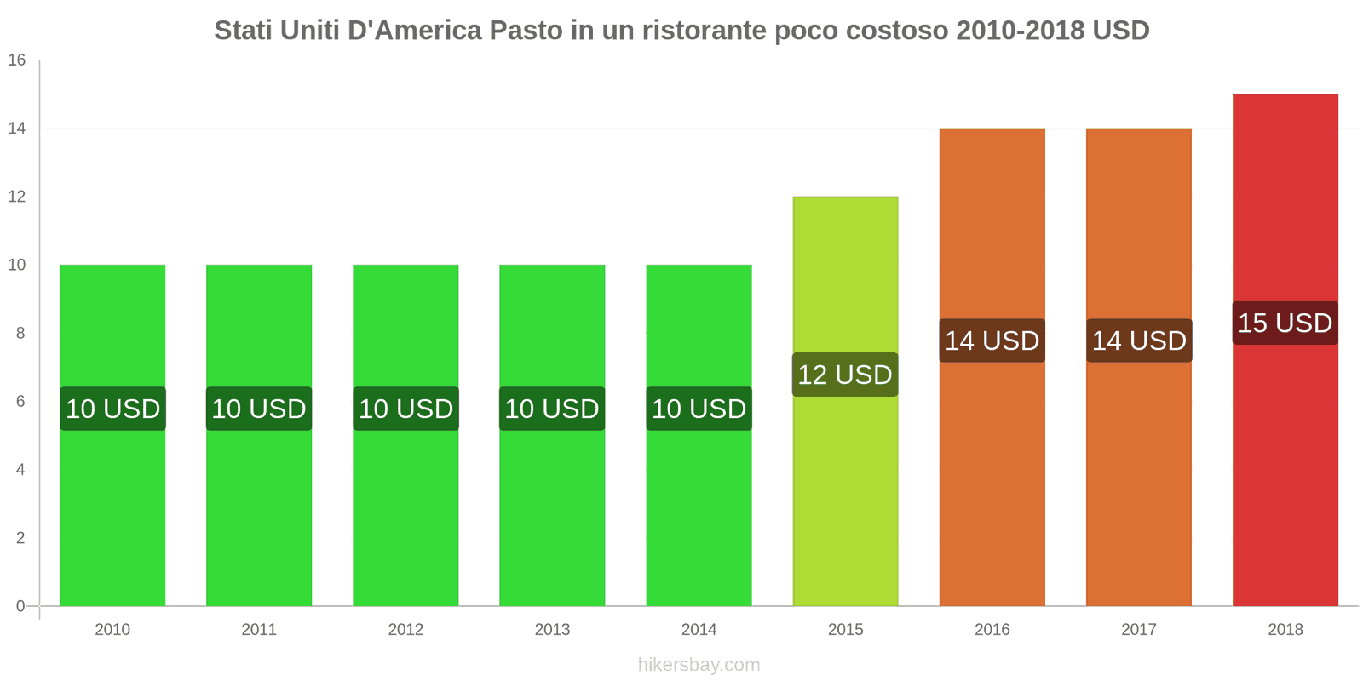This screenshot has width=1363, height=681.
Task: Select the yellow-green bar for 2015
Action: pyautogui.click(x=845, y=494)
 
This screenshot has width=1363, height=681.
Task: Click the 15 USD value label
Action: pyautogui.click(x=1285, y=323)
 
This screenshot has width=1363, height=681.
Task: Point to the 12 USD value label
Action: pyautogui.click(x=845, y=375)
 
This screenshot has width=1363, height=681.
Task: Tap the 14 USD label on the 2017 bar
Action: pyautogui.click(x=1139, y=340)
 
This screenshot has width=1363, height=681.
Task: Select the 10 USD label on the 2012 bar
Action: pyautogui.click(x=405, y=409)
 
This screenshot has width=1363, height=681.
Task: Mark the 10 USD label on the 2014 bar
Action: pyautogui.click(x=699, y=409)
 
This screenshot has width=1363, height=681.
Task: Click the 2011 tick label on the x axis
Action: pyautogui.click(x=259, y=630)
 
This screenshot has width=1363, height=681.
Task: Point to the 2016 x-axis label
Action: pyautogui.click(x=992, y=630)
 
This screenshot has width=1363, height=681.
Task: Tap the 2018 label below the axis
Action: pyautogui.click(x=1285, y=630)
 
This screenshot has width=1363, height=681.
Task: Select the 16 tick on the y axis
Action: pyautogui.click(x=17, y=60)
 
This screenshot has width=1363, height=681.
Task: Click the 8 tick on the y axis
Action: pyautogui.click(x=20, y=334)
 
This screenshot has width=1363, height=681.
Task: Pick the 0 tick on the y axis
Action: pyautogui.click(x=20, y=606)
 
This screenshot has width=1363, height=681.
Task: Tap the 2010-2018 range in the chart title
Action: pyautogui.click(x=1020, y=31)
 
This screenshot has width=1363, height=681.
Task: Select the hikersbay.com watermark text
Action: pyautogui.click(x=699, y=665)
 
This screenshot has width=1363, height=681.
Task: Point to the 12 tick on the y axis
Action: pyautogui.click(x=17, y=197)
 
